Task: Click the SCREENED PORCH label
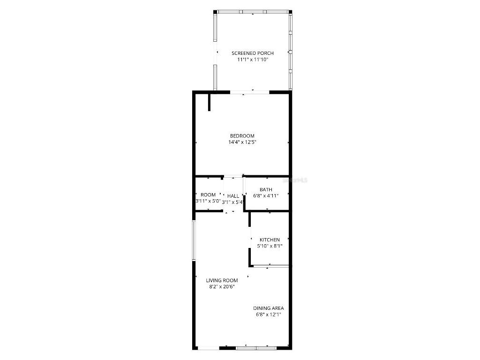tap(253, 53)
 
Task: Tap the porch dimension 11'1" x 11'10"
tap(253, 60)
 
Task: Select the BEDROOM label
tap(242, 136)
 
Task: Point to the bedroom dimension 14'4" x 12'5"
tap(242, 142)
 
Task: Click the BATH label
tap(266, 190)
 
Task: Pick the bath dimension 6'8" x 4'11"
tap(266, 196)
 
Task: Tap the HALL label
tap(233, 196)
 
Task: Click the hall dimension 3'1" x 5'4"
tap(233, 202)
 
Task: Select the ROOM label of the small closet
tap(208, 195)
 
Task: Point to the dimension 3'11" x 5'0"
tap(208, 201)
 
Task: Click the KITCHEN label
tap(270, 240)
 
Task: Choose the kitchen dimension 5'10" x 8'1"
tap(270, 246)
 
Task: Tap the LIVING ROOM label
tap(222, 280)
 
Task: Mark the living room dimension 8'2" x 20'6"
tap(222, 286)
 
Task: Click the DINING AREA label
tap(269, 308)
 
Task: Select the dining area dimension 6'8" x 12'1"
tap(269, 315)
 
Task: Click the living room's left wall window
tap(193, 240)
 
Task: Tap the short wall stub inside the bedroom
tap(209, 102)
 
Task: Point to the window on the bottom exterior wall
tap(256, 348)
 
